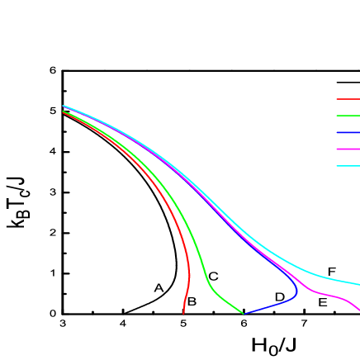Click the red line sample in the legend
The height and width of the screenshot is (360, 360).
click(x=348, y=99)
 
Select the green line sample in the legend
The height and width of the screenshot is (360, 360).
click(x=348, y=116)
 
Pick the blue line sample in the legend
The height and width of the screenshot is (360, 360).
click(x=348, y=132)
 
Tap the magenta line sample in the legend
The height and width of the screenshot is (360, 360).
click(x=348, y=149)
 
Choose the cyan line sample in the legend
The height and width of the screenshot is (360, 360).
click(x=348, y=166)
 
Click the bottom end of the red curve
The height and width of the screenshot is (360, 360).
click(x=183, y=314)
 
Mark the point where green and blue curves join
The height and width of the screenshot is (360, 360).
click(x=244, y=314)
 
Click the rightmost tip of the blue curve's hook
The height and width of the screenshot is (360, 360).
click(x=297, y=291)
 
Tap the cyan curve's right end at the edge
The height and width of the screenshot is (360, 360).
click(x=358, y=284)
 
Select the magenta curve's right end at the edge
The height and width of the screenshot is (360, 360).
click(x=358, y=310)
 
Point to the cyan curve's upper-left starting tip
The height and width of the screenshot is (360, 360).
click(x=64, y=106)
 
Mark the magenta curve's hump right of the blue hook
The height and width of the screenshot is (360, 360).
click(x=326, y=294)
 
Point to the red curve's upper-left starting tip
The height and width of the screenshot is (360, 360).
click(x=64, y=112)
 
